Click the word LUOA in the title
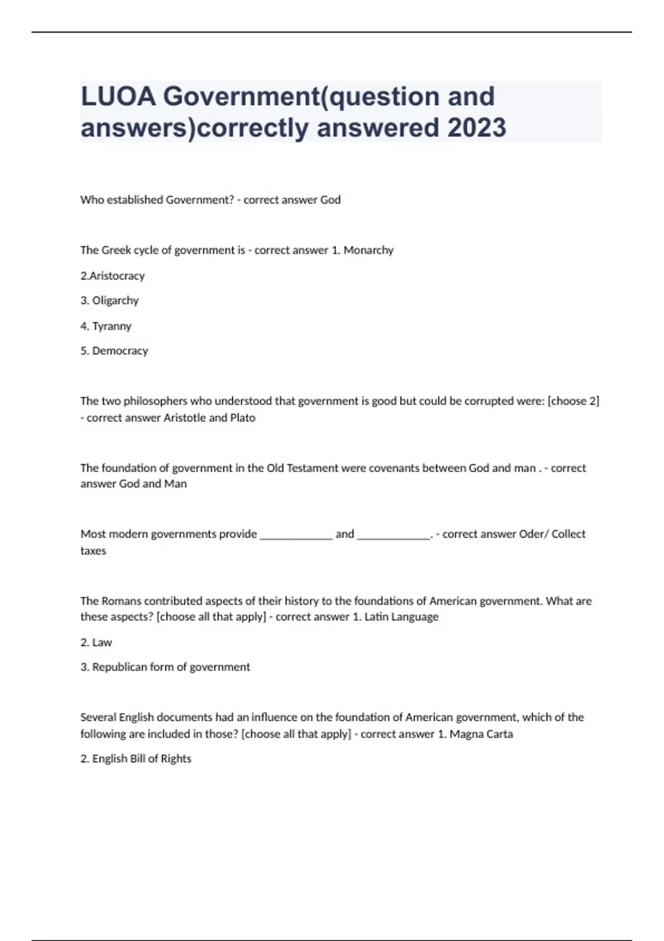tap(118, 96)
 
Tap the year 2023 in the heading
tap(476, 127)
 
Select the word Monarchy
tap(369, 250)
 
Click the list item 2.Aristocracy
tap(112, 276)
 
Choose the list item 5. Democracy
tap(114, 351)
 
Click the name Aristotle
tap(185, 418)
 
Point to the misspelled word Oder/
tap(532, 534)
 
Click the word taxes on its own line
tap(93, 551)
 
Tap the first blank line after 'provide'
tap(296, 535)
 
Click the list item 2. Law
tap(96, 643)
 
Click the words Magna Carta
tap(481, 734)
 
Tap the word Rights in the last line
tap(176, 759)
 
